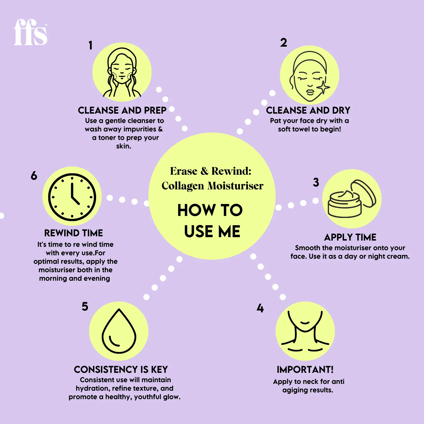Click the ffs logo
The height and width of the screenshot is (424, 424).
tap(31, 32)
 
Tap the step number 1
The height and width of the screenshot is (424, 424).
tap(90, 45)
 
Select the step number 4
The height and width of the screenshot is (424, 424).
tap(260, 308)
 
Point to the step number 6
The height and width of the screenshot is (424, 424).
tap(34, 176)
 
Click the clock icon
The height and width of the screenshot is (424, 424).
tap(72, 197)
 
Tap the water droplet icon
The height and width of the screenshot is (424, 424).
tap(119, 331)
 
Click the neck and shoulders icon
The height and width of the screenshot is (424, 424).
tap(305, 331)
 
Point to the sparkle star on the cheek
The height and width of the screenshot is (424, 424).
tap(323, 87)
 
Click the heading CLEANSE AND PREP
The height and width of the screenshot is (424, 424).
tap(122, 110)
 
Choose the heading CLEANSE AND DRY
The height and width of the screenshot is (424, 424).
tap(308, 110)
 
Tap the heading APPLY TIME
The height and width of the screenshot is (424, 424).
tap(350, 237)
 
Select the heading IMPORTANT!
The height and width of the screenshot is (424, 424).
tap(305, 369)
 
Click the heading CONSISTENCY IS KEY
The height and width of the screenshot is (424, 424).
tap(121, 369)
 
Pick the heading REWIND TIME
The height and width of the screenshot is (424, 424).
tap(73, 233)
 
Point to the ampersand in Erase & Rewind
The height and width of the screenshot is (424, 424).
tap(204, 171)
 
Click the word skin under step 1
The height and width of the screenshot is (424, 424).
tap(123, 146)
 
